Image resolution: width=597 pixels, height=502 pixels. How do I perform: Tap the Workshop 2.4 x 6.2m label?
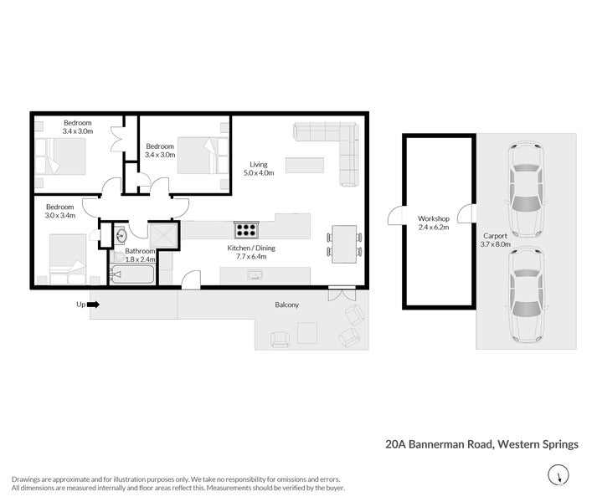pos(434,223)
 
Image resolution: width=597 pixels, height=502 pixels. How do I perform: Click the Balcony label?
pos(287,305)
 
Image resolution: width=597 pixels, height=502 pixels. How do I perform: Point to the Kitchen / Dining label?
pos(251,253)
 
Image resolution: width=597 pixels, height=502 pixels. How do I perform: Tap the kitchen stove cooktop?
pos(245,230)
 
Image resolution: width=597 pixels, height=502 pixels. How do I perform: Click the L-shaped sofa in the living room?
pos(334,146)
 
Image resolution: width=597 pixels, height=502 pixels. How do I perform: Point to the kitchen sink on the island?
pos(253,274)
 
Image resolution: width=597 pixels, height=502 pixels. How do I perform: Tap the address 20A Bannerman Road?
pos(481,444)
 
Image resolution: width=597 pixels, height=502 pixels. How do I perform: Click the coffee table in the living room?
pos(304,165)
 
